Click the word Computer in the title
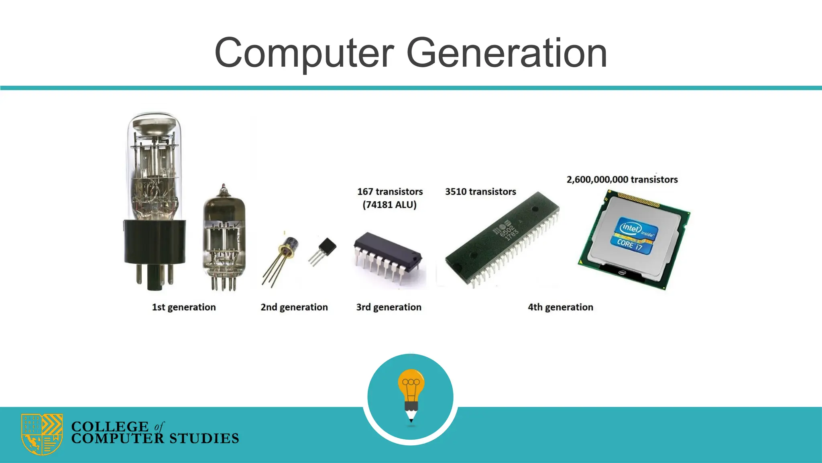(x=304, y=53)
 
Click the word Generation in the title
(x=507, y=53)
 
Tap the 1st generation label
(x=184, y=307)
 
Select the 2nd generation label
(x=294, y=307)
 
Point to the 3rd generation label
(x=389, y=307)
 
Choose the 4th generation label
(x=560, y=307)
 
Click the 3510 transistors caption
(x=480, y=192)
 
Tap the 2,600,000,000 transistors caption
(x=622, y=180)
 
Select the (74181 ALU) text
(x=389, y=205)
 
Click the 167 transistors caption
(x=390, y=192)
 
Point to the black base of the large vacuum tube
(x=155, y=241)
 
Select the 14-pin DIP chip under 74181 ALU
(x=387, y=253)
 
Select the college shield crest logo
(x=42, y=434)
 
